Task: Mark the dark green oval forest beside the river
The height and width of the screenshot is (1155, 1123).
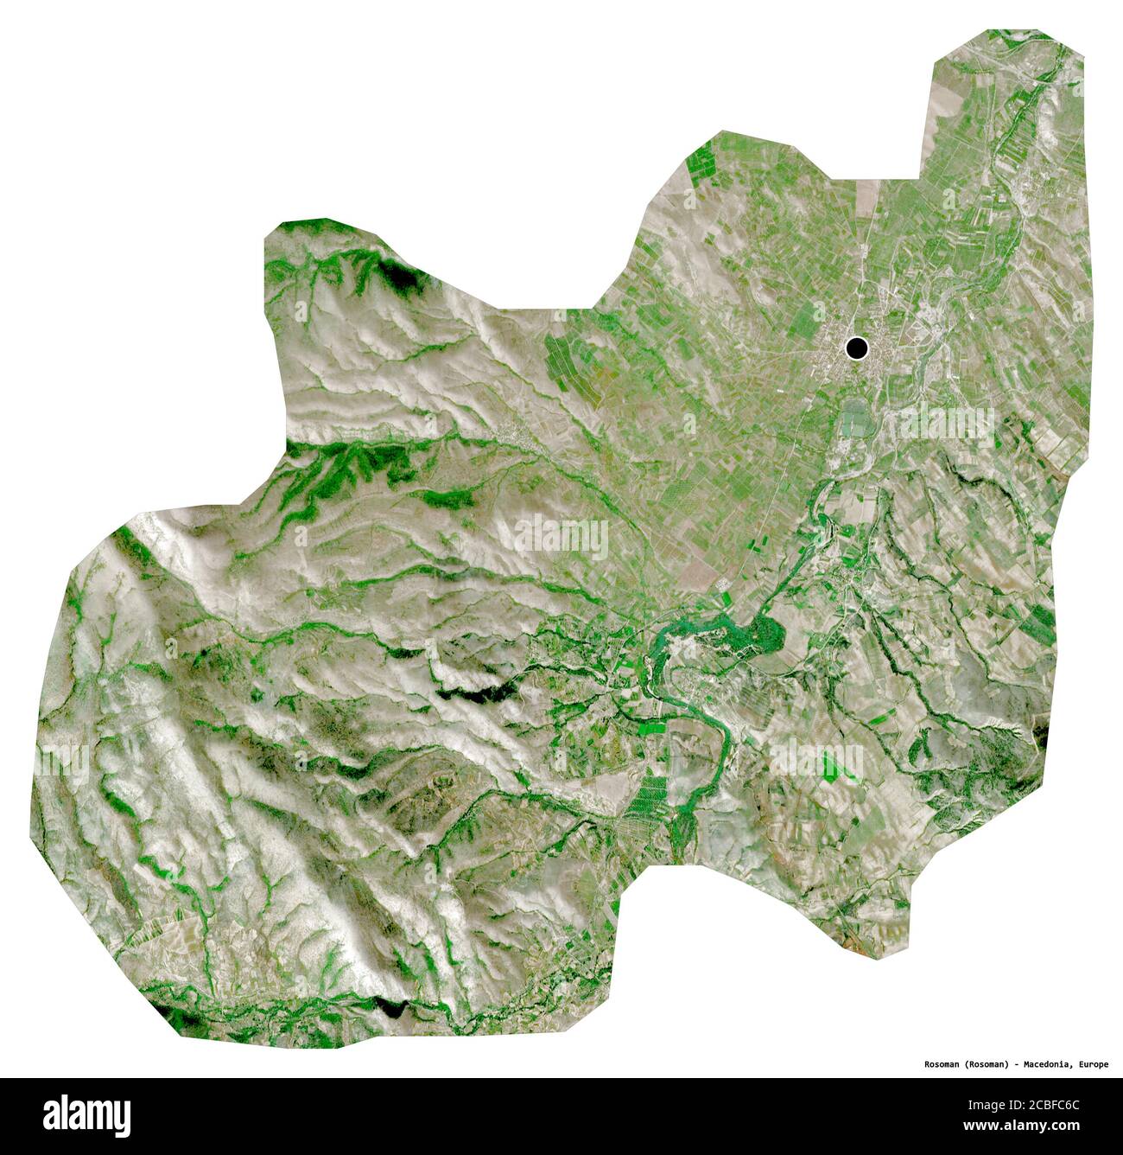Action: click(x=766, y=635)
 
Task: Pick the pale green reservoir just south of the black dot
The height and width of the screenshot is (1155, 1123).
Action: click(x=857, y=419)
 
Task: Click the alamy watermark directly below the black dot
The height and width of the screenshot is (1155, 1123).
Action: click(x=946, y=424)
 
